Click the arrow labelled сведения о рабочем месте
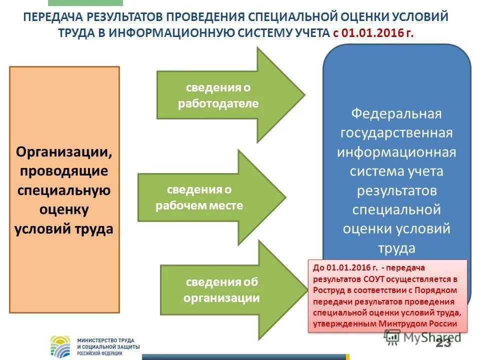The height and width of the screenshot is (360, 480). point(210,197)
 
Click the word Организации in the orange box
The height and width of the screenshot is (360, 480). point(64,151)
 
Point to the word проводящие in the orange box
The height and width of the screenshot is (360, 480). point(64,171)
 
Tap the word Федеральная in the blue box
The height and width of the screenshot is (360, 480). point(396,114)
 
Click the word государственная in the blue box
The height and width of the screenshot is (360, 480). point(396,133)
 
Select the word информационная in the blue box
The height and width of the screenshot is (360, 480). point(396,152)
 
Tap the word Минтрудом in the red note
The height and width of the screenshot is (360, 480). point(401,323)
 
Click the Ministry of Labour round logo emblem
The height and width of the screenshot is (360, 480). point(62,345)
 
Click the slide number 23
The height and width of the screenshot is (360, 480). point(443,342)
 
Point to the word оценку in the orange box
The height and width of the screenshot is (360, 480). point(64,209)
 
